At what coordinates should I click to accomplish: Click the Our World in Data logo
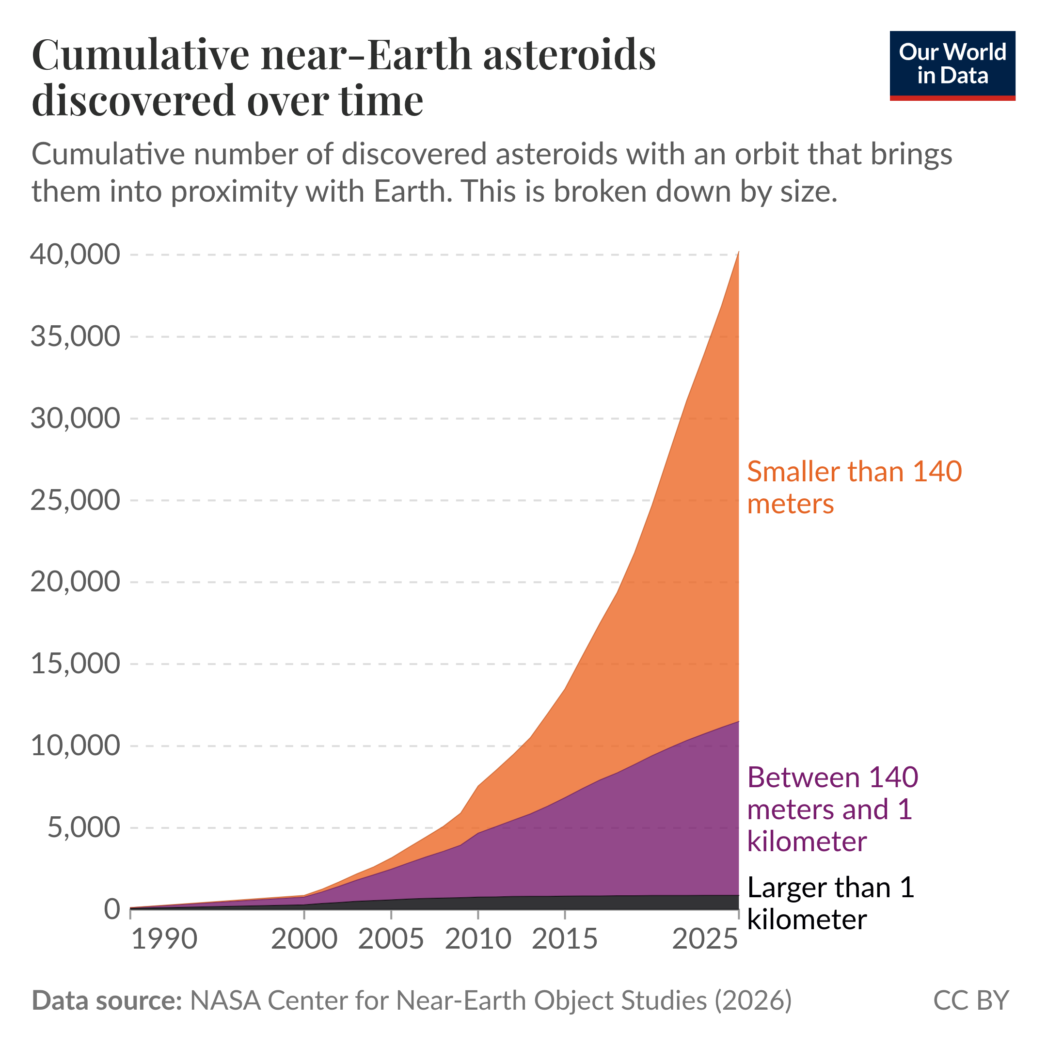(x=952, y=65)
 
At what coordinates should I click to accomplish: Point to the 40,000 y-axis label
(x=75, y=254)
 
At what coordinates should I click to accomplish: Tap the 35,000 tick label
(x=75, y=336)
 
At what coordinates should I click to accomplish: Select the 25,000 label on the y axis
(x=75, y=500)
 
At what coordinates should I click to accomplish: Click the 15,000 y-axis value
(x=75, y=664)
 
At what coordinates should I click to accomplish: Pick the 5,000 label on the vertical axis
(x=83, y=827)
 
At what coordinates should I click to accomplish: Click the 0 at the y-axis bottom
(x=111, y=909)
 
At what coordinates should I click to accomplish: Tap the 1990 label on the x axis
(x=164, y=939)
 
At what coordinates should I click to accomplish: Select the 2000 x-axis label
(x=304, y=939)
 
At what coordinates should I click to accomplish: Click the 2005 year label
(x=391, y=939)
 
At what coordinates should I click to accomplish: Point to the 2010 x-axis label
(x=478, y=939)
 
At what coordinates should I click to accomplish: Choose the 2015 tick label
(x=565, y=939)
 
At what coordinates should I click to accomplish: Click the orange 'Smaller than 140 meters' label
(x=854, y=487)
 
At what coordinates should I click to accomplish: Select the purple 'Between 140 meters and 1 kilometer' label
(x=832, y=809)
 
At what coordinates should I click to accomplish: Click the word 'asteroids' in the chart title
(x=569, y=55)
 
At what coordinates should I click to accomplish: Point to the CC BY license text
(x=970, y=1000)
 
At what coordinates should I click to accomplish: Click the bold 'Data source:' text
(x=107, y=1000)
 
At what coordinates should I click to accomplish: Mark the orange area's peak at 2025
(x=738, y=253)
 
